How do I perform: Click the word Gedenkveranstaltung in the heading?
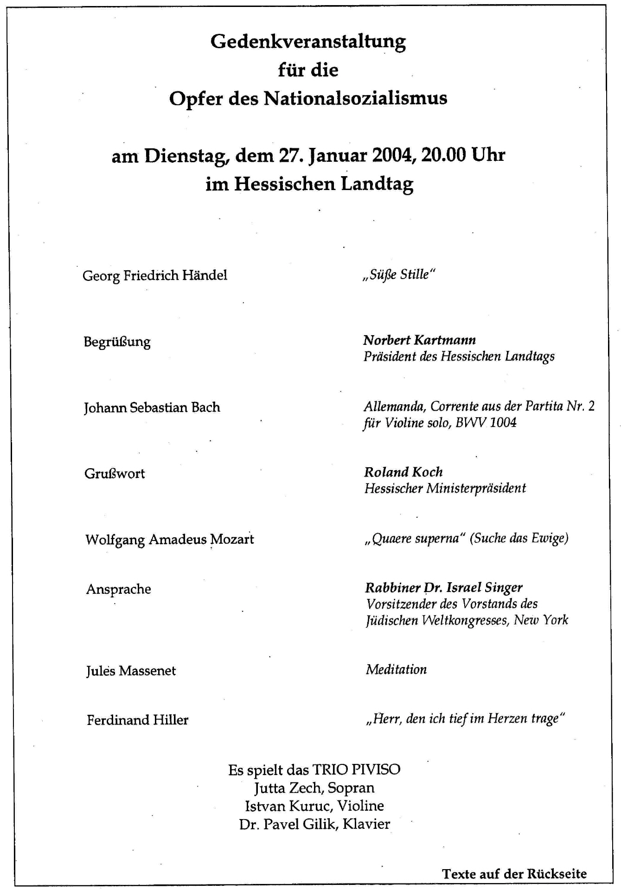[x=308, y=42]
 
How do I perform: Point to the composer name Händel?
[x=205, y=275]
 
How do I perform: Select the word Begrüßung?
[x=117, y=342]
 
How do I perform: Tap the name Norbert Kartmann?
[x=419, y=340]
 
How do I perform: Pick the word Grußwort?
[x=115, y=474]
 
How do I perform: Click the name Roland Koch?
[x=403, y=472]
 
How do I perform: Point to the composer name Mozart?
[x=232, y=540]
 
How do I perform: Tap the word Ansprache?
[x=119, y=589]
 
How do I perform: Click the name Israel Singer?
[x=484, y=588]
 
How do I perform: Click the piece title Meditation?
[x=396, y=669]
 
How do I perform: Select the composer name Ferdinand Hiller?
[x=137, y=720]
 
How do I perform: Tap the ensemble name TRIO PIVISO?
[x=356, y=770]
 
